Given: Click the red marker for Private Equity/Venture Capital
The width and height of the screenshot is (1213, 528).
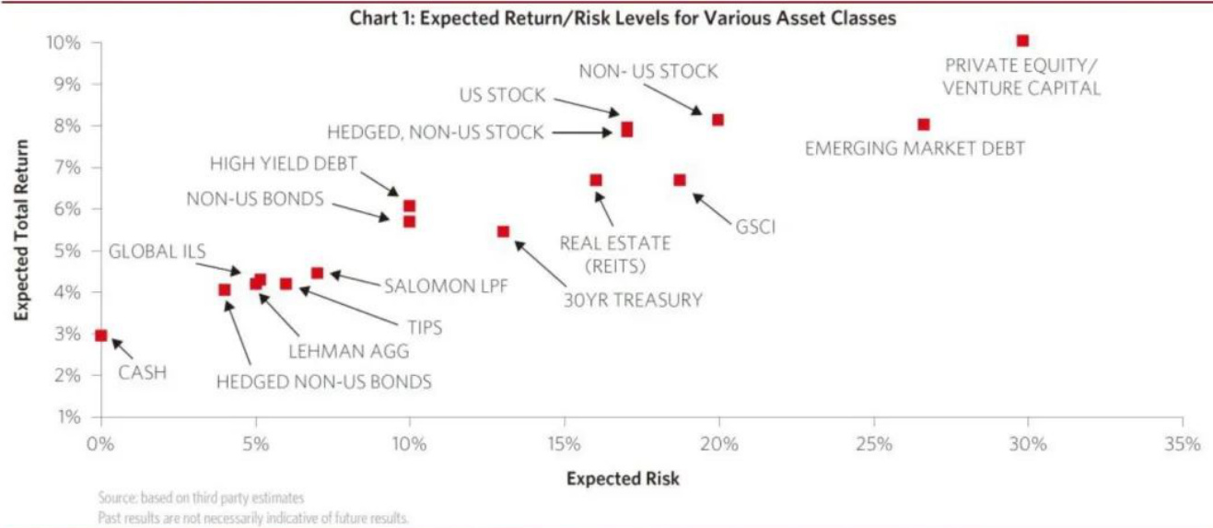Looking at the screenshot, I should tap(1022, 41).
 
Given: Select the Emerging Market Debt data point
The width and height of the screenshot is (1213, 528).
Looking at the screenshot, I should tap(924, 124).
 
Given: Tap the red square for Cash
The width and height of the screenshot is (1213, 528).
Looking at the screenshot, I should tap(101, 335).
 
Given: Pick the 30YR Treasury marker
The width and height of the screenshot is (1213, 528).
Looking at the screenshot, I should tap(503, 231).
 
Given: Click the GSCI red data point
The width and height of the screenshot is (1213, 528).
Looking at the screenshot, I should tap(680, 180).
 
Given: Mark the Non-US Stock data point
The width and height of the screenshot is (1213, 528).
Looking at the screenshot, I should tap(717, 120).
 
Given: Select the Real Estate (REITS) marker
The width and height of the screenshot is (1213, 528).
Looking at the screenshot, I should tap(596, 180).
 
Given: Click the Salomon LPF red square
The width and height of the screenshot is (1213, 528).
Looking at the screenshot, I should tap(317, 273).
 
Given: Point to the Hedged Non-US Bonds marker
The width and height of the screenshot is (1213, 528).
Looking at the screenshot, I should tap(225, 289).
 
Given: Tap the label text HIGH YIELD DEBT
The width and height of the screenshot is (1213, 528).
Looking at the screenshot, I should tap(283, 164).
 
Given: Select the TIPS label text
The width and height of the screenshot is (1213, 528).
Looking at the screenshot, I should tap(424, 327).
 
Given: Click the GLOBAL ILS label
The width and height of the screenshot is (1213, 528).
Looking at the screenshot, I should tap(157, 252).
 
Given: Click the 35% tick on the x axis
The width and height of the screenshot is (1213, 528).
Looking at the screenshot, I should tap(1183, 443).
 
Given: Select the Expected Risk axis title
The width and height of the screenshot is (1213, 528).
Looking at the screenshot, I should tap(623, 478).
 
